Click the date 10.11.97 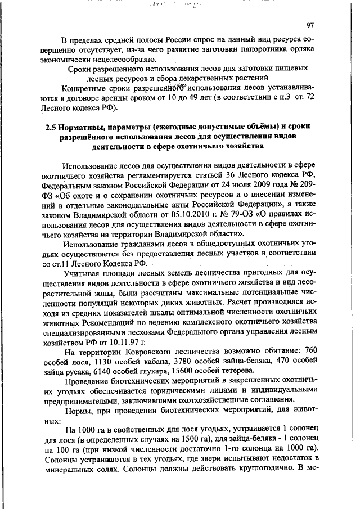(x=124, y=341)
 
